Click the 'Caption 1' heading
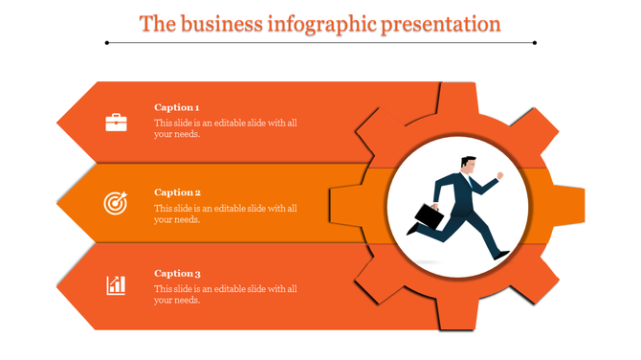177,107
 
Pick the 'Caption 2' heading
177,192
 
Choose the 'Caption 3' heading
177,274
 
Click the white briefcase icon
116,122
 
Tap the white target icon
116,203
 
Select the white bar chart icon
116,284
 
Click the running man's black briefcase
430,218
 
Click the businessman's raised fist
499,176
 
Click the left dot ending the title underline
107,42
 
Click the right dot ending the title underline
534,42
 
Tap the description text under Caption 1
226,128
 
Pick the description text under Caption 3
226,294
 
